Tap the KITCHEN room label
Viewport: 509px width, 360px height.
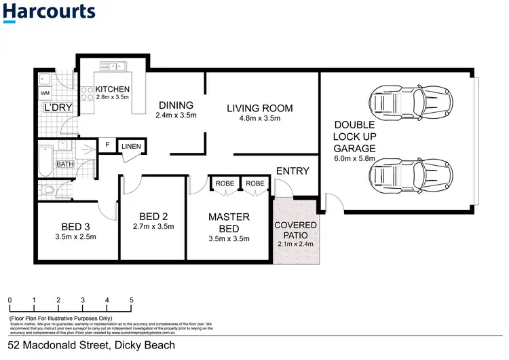112,90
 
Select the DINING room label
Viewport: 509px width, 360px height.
176,105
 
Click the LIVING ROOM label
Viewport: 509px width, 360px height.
259,108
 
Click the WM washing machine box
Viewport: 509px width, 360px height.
45,92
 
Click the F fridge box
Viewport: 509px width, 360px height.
107,144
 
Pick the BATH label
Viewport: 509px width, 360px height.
65,164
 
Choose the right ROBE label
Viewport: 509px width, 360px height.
255,183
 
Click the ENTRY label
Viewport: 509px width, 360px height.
293,171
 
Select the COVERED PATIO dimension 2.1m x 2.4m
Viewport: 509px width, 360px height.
295,244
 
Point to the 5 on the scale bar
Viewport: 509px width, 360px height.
131,300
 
